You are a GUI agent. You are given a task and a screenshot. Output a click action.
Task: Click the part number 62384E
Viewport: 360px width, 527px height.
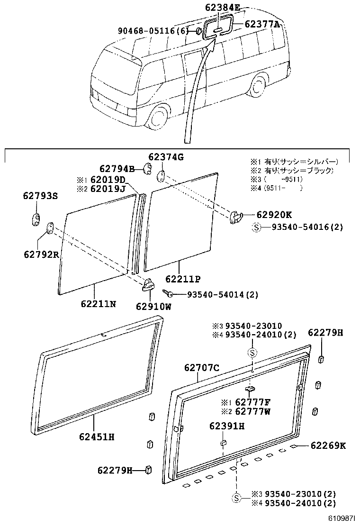[x=223, y=8]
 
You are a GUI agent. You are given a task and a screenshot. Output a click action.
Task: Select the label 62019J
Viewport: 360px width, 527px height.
[x=108, y=189]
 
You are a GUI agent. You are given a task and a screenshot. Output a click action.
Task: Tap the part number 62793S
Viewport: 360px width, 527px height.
[x=40, y=195]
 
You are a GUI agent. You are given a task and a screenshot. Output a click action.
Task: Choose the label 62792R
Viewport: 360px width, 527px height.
[x=41, y=254]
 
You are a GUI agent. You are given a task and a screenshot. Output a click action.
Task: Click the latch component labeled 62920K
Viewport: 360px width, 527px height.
[x=235, y=217]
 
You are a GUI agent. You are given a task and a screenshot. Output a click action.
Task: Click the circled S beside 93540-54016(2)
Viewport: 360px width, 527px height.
[x=256, y=227]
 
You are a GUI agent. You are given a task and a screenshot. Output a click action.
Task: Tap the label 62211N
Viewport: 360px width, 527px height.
[x=98, y=304]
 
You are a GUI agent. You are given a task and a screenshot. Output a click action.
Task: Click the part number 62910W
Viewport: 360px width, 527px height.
[x=154, y=306]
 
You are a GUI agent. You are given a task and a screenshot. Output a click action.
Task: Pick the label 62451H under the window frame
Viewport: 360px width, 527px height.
[x=97, y=436]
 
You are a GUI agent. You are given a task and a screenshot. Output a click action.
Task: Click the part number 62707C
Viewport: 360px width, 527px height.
[x=202, y=367]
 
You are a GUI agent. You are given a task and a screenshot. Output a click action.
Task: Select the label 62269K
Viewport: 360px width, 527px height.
[x=328, y=445]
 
